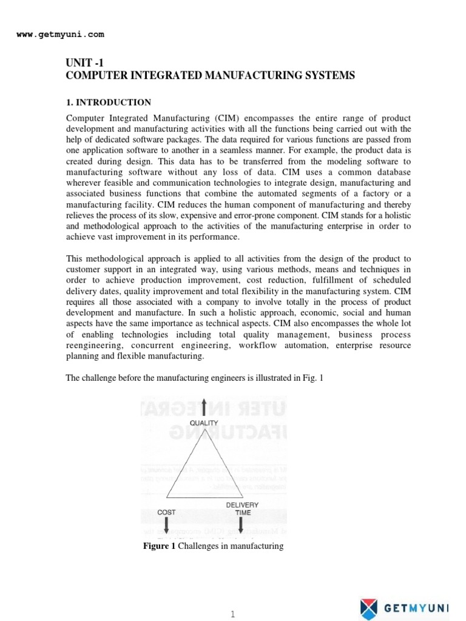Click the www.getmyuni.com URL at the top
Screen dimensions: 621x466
click(x=60, y=35)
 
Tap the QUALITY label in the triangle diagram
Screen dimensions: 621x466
click(x=204, y=423)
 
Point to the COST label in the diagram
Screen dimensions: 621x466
click(x=166, y=512)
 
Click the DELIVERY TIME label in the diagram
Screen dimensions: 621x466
click(x=242, y=509)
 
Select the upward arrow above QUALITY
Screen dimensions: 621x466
click(x=204, y=407)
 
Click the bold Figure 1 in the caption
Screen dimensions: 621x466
click(x=159, y=546)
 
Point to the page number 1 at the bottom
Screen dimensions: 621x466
click(x=232, y=614)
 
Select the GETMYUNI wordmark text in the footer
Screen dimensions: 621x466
click(x=418, y=608)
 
